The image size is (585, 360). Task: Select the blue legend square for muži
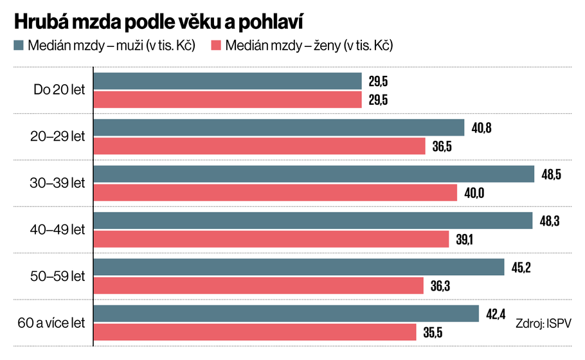(18, 46)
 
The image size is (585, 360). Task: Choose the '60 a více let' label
(53, 323)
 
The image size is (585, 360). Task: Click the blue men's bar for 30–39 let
(314, 174)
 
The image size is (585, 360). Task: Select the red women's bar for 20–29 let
(260, 146)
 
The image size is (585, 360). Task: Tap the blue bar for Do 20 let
(228, 81)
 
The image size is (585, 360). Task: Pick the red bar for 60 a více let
(255, 332)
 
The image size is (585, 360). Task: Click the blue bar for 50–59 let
(299, 267)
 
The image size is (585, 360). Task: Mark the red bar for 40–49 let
(271, 239)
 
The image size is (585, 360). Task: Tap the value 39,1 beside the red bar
(465, 239)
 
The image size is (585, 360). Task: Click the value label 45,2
(521, 267)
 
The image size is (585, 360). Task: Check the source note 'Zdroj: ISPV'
(544, 323)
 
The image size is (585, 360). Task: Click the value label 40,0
(473, 193)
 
